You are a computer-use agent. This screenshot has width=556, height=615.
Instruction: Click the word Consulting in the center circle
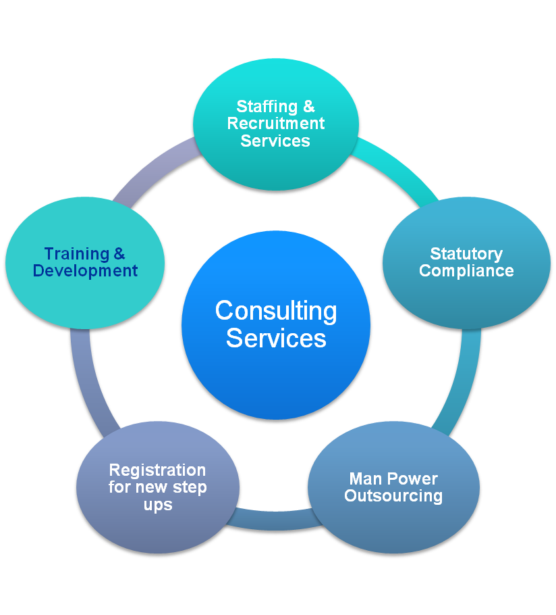coord(275,312)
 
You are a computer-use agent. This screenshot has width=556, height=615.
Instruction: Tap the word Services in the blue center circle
coord(275,338)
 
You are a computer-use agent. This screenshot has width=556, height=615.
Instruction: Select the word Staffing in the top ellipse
coord(267,107)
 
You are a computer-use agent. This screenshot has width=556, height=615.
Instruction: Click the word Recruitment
coord(275,124)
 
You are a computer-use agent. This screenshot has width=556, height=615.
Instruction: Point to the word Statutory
coord(466,254)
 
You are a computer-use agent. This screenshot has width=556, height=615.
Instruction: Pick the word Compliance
coord(466,271)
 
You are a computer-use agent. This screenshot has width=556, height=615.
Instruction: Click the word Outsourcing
coord(393,496)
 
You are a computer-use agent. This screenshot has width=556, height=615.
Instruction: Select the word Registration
coord(157,470)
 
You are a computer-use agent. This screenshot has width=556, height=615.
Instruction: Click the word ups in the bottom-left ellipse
coord(157,505)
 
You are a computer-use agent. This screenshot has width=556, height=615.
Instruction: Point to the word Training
coord(76,254)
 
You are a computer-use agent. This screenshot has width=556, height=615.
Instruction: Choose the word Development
coord(85,271)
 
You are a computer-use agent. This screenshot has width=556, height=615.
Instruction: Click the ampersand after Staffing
coord(308,107)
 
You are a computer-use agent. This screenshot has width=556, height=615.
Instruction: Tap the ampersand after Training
coord(119,254)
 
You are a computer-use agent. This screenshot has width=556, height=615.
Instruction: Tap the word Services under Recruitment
coord(275,141)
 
